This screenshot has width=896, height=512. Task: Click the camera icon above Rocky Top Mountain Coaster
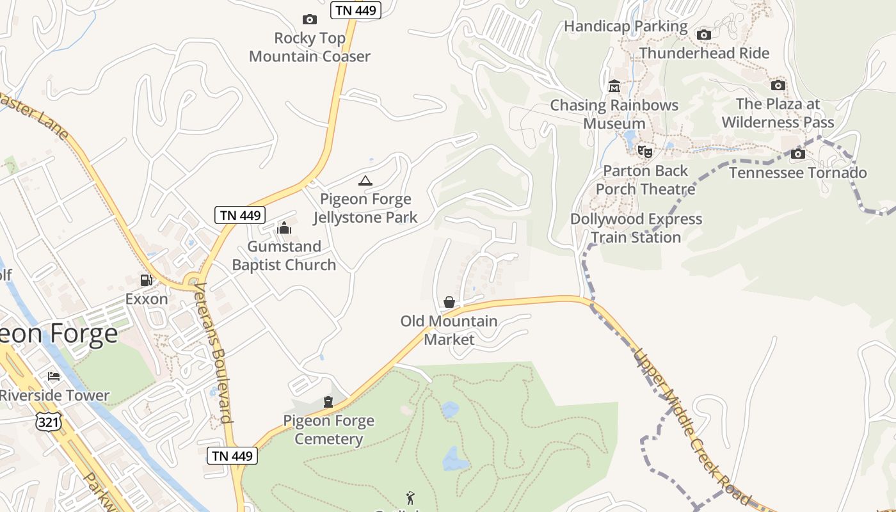[309, 20]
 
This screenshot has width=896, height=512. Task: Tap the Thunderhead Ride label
[704, 53]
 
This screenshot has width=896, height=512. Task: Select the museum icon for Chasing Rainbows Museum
[614, 86]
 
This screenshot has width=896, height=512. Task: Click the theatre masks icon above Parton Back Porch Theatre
[645, 152]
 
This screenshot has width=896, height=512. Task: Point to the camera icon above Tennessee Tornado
[797, 154]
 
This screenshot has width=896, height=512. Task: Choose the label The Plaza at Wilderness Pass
[778, 113]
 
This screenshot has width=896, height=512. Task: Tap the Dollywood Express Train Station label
[636, 228]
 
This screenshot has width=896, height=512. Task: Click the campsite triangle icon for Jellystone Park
[365, 181]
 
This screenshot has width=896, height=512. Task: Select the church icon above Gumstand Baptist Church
[284, 228]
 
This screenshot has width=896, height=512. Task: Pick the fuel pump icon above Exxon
[147, 280]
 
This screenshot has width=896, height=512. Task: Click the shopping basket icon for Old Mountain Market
[449, 302]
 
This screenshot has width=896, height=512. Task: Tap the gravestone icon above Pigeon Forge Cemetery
[328, 402]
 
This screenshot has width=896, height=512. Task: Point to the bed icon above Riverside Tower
[54, 376]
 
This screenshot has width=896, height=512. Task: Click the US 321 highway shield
[49, 420]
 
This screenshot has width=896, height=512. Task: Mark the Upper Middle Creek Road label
[691, 426]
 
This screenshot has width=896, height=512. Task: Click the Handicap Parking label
[625, 27]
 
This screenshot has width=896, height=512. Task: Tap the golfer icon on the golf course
[410, 497]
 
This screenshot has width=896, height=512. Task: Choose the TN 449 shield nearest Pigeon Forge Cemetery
[232, 456]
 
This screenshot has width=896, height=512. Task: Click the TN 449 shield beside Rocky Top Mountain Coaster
[356, 10]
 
